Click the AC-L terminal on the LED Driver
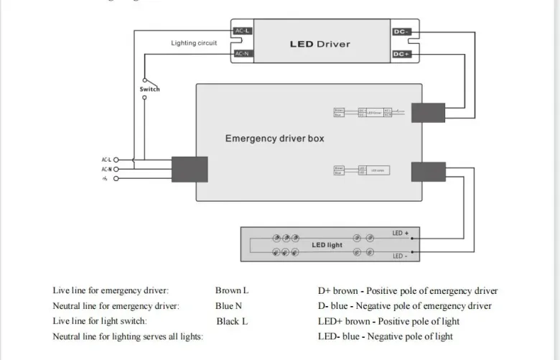pyautogui.click(x=242, y=31)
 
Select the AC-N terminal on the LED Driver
pyautogui.click(x=242, y=54)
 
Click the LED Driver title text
pyautogui.click(x=319, y=44)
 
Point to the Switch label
pyautogui.click(x=149, y=89)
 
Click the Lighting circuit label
pyautogui.click(x=194, y=43)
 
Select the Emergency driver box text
pyautogui.click(x=274, y=138)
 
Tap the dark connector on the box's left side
pyautogui.click(x=190, y=169)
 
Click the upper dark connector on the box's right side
pyautogui.click(x=429, y=112)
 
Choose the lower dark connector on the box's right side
pyautogui.click(x=429, y=172)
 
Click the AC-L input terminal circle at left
pyautogui.click(x=116, y=160)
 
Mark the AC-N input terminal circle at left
pyautogui.click(x=116, y=169)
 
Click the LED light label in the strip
pyautogui.click(x=327, y=245)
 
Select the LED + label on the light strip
pyautogui.click(x=400, y=234)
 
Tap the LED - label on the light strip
pyautogui.click(x=400, y=257)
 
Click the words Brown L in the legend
pyautogui.click(x=232, y=291)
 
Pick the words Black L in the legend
pyautogui.click(x=232, y=321)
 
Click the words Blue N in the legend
pyautogui.click(x=228, y=306)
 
